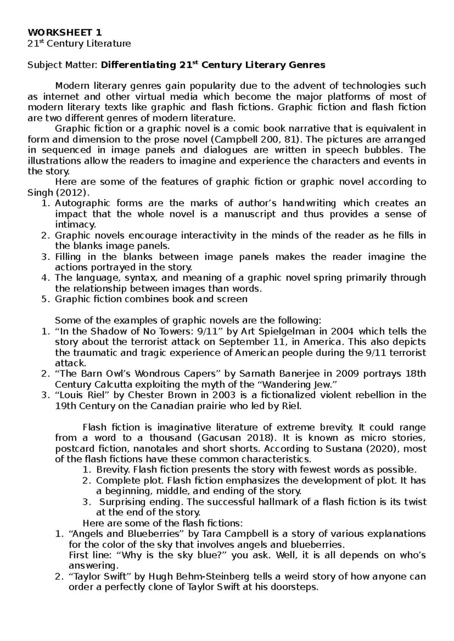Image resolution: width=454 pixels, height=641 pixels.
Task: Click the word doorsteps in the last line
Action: coord(296,587)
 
